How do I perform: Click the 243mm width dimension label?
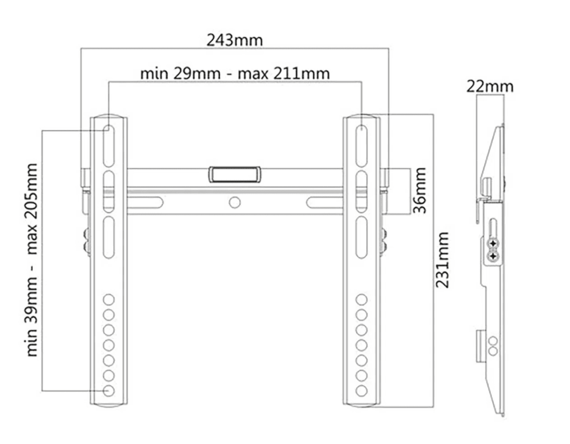point(234,40)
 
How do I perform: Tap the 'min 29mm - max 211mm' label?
point(235,74)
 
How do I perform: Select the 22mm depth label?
point(490,86)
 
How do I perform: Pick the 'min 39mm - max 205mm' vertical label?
point(32,260)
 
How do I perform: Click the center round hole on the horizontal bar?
point(235,202)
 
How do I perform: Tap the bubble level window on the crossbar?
point(234,174)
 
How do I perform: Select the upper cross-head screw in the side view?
point(494,244)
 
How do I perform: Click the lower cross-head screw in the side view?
point(494,256)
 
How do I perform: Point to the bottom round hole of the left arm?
point(109,390)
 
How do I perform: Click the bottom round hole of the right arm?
point(361,390)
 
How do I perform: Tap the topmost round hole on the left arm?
point(109,299)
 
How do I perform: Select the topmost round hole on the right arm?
point(361,299)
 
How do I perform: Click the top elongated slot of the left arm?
point(108,144)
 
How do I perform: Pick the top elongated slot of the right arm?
point(361,144)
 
